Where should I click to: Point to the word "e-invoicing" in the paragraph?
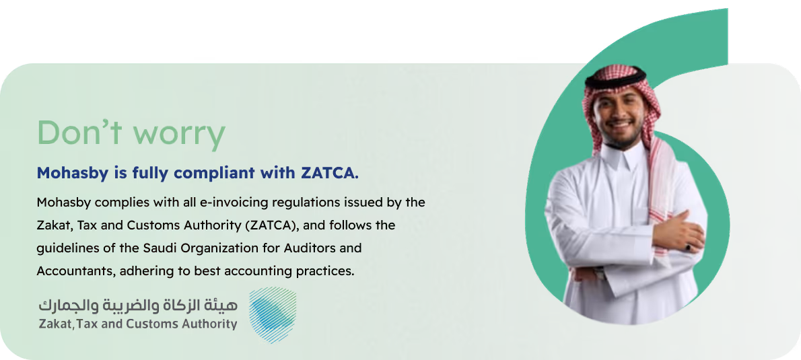(x=202, y=202)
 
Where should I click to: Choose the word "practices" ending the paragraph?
(x=327, y=271)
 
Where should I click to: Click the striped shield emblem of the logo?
(x=272, y=315)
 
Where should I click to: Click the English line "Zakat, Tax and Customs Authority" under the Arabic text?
(x=138, y=324)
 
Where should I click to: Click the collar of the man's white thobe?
(x=623, y=159)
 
